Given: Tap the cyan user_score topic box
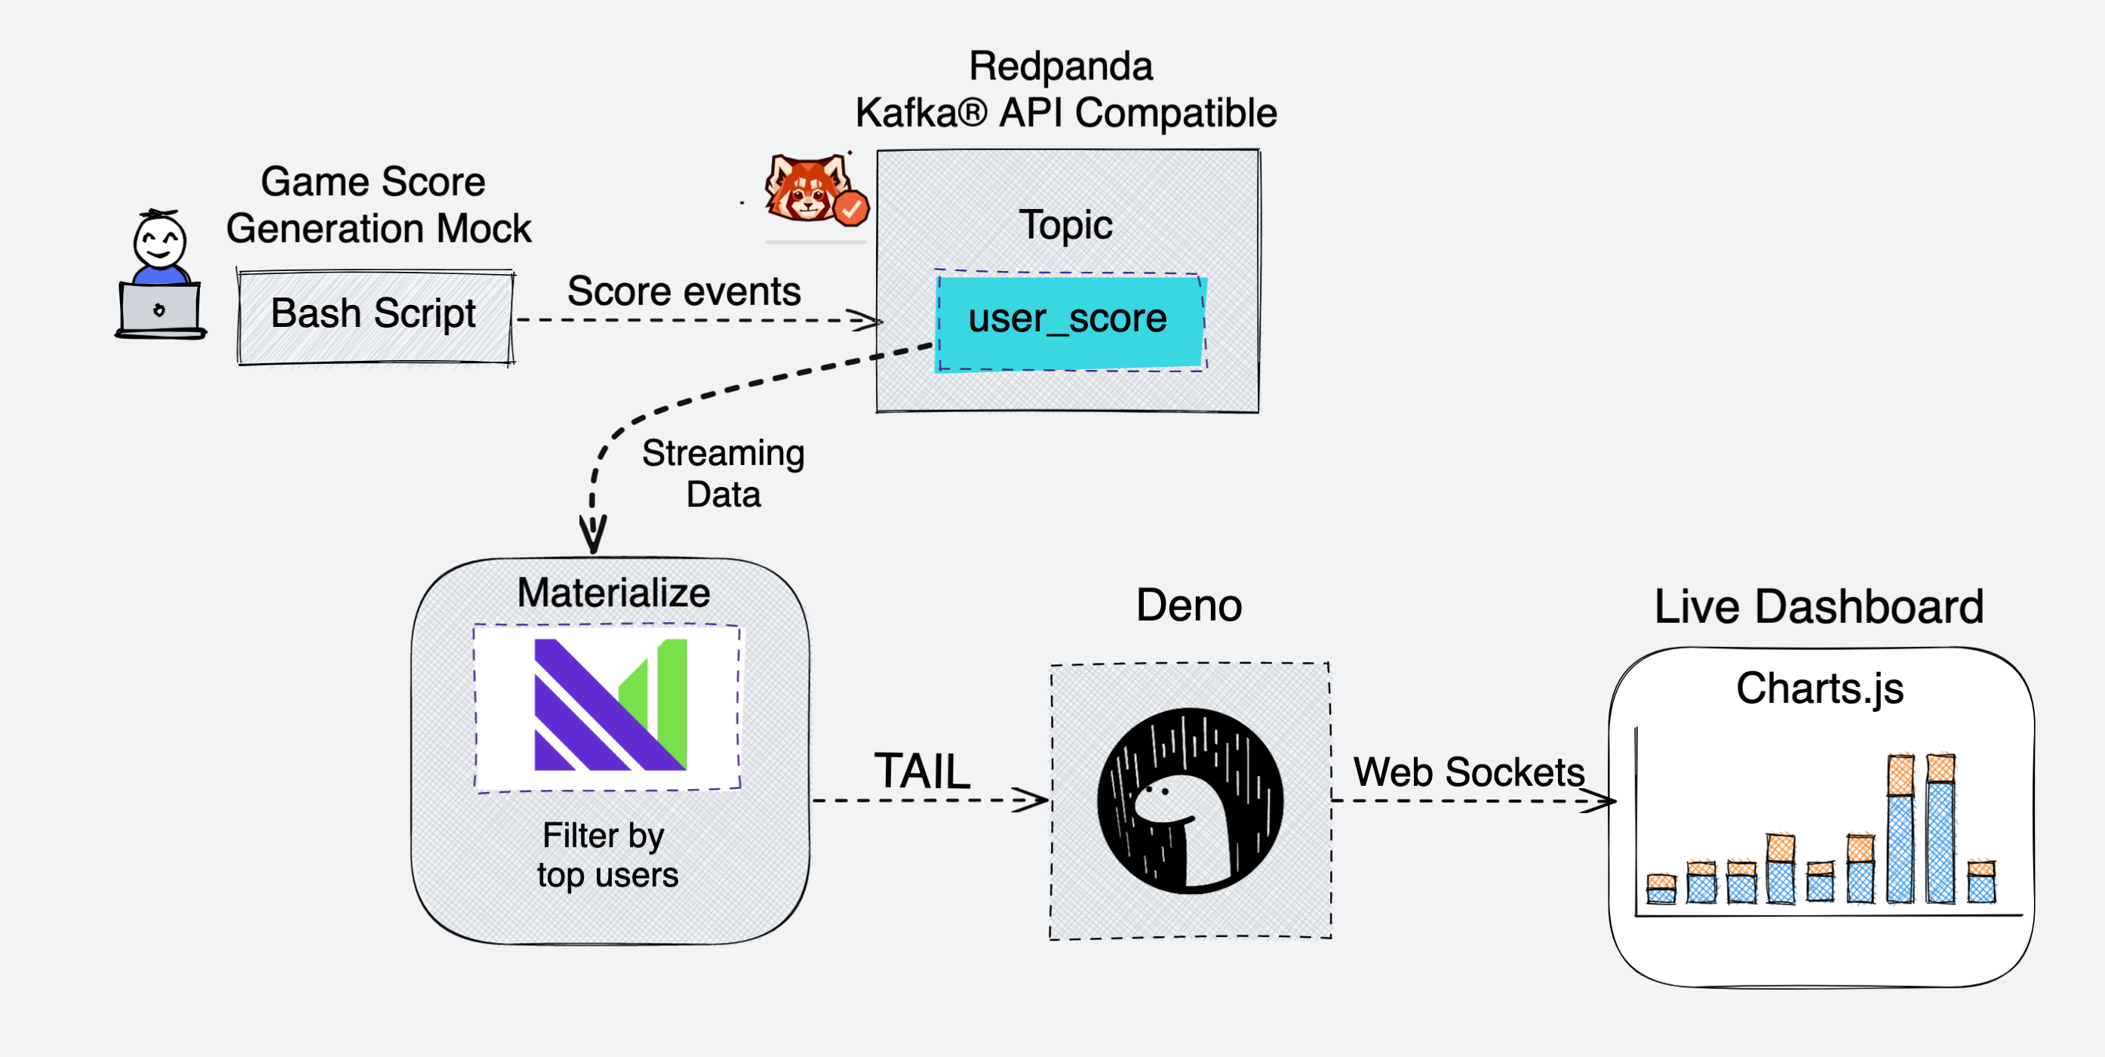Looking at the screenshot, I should click(1069, 320).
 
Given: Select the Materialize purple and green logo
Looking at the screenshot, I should click(609, 704).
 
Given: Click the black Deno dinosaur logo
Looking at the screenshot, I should click(1190, 800).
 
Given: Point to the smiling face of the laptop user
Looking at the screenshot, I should click(160, 242).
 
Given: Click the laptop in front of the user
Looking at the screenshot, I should click(160, 310).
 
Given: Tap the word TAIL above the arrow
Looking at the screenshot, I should click(922, 770).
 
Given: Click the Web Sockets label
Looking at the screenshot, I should click(1468, 772).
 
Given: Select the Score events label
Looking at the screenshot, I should click(684, 291).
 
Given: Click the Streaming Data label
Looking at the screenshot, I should click(724, 473).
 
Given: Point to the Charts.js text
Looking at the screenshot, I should click(1819, 688).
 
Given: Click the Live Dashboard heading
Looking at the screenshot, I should click(1818, 606).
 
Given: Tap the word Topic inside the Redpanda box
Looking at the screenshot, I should click(1065, 225).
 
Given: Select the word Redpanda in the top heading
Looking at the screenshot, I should click(1060, 66).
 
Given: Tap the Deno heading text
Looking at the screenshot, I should click(1188, 606).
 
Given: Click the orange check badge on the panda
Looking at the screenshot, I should click(850, 209).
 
